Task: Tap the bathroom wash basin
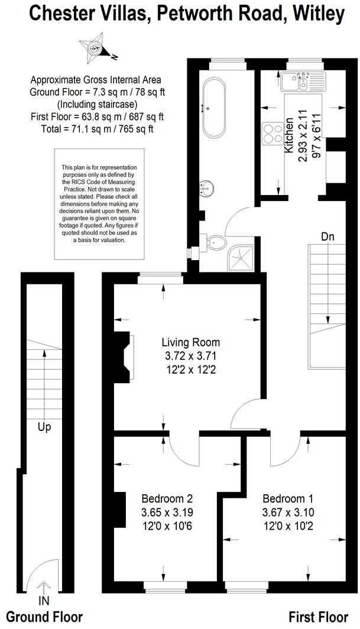click(x=206, y=188)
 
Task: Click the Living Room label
click(x=191, y=342)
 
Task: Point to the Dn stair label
click(x=328, y=236)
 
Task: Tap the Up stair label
click(x=44, y=426)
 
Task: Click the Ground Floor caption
click(x=42, y=617)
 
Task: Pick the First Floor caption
click(x=319, y=617)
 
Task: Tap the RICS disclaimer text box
click(x=99, y=204)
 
